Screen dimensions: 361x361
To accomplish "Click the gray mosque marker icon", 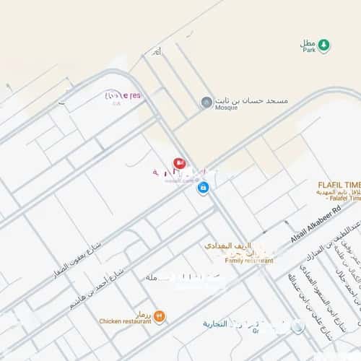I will (x=206, y=103).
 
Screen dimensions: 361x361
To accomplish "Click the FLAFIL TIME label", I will (x=338, y=184).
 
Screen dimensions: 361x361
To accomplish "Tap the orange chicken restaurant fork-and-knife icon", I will (x=160, y=316).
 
